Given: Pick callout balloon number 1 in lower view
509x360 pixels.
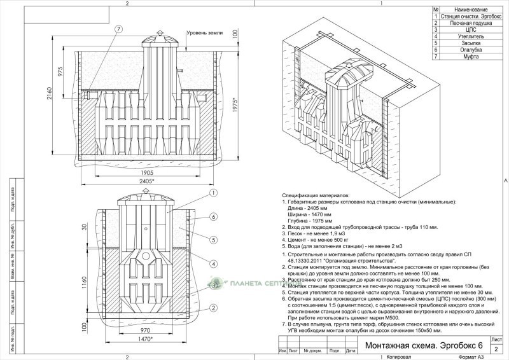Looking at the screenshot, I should click(214, 193).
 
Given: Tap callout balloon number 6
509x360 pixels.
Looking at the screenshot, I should click(214, 217).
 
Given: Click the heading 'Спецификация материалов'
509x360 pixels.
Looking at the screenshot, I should click(316, 195).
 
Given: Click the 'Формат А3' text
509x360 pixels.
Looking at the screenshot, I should click(471, 357).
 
